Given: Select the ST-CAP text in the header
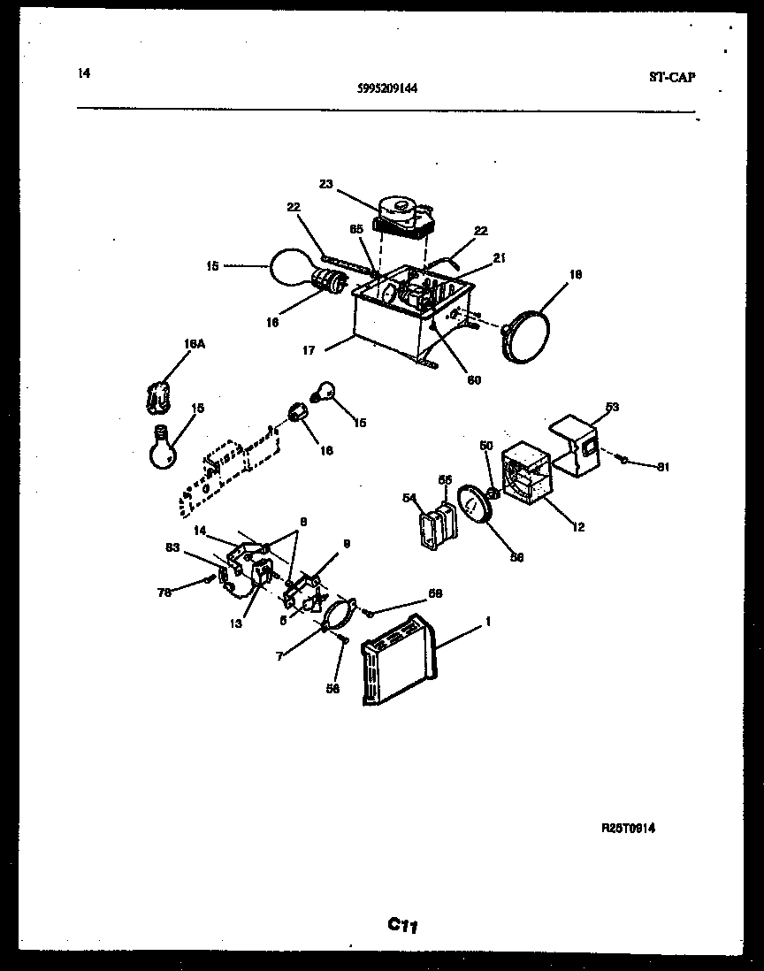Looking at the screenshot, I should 671,77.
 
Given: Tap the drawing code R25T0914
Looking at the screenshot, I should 629,828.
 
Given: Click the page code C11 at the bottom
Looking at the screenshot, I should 402,926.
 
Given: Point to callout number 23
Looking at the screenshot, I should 326,185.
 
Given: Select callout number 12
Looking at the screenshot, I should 578,528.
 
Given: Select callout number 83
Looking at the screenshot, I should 173,548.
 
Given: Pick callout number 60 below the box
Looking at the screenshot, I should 474,379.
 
